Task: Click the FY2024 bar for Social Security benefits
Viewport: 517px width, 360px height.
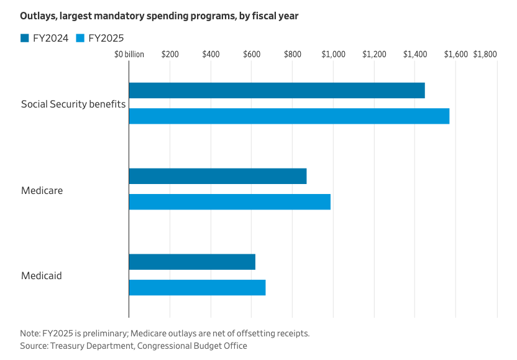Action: tap(277, 90)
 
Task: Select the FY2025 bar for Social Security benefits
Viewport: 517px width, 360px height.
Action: tap(289, 116)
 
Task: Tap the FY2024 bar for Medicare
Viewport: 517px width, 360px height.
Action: tap(217, 176)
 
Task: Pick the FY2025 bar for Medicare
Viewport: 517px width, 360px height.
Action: tap(229, 201)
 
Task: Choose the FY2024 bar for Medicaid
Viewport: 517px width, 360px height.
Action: tap(192, 262)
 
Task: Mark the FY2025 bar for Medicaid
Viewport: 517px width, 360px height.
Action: tap(197, 287)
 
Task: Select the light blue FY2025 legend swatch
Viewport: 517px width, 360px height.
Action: tap(80, 38)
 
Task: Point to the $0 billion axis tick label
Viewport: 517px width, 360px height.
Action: tap(129, 54)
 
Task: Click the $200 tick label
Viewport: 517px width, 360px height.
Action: tap(170, 54)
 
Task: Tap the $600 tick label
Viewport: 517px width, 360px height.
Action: tap(252, 54)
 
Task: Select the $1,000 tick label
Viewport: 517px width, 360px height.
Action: tap(333, 54)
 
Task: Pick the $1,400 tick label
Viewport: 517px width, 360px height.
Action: tap(415, 54)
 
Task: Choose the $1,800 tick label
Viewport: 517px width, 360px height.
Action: tap(485, 54)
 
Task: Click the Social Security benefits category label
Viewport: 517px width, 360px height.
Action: tap(73, 104)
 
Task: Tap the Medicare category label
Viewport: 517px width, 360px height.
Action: tap(42, 190)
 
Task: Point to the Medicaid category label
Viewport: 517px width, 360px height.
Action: tap(42, 275)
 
